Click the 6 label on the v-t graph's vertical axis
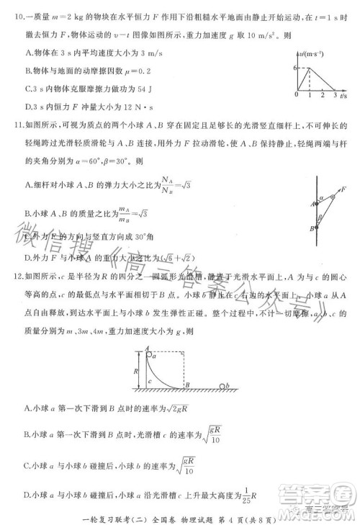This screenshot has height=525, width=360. [x=294, y=67]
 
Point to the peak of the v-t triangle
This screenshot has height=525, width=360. [x=310, y=67]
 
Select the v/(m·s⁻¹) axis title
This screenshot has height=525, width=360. [x=315, y=52]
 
